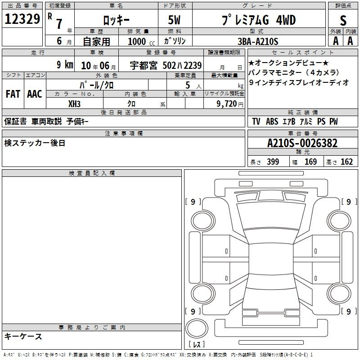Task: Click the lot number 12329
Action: [x=22, y=19]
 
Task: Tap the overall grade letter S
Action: [x=343, y=20]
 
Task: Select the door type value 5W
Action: [x=174, y=20]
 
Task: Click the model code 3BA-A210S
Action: [x=258, y=41]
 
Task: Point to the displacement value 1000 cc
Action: [x=141, y=41]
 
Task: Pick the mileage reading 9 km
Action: [x=65, y=64]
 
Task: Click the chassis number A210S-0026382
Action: [x=302, y=143]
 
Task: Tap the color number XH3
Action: [x=74, y=104]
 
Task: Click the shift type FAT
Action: [x=13, y=94]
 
